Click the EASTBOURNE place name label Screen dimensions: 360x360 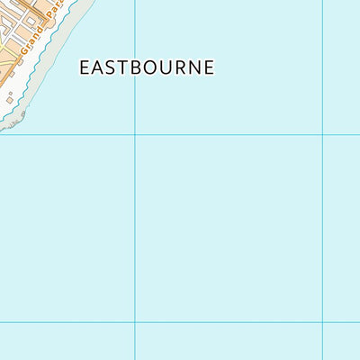pyautogui.click(x=147, y=67)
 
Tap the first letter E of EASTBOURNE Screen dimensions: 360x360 pyautogui.click(x=85, y=67)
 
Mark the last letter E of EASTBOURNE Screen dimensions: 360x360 pyautogui.click(x=210, y=67)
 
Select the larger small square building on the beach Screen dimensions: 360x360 pyautogui.click(x=10, y=98)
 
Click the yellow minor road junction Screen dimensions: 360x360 pyautogui.click(x=5, y=45)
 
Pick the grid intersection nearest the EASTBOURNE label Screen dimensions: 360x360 pyautogui.click(x=135, y=134)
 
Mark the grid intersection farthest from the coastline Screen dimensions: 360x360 pyautogui.click(x=322, y=322)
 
